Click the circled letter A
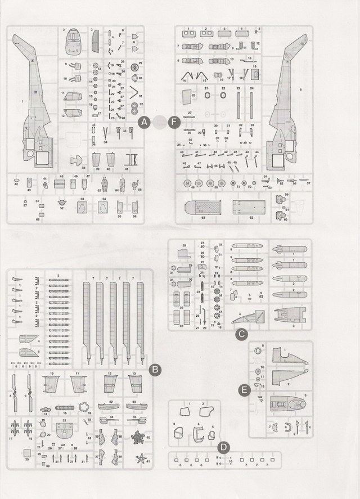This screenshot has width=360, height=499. pos(144,121)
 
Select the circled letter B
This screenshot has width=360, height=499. pos(155,370)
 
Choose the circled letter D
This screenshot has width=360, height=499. pos(223,447)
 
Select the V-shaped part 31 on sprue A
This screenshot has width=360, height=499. pos(135,91)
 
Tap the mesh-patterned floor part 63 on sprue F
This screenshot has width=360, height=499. pos(203,208)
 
